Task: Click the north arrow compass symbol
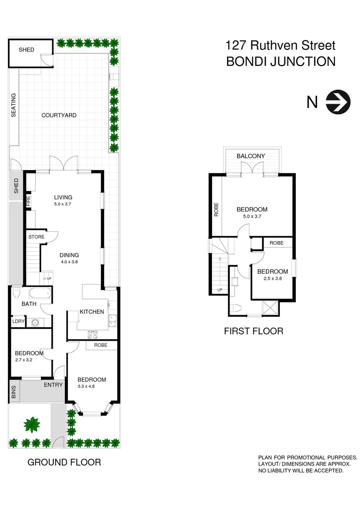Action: coord(339,101)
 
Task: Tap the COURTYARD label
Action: coord(59,115)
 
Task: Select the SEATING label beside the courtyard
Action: coord(14,105)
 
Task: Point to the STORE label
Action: coord(36,237)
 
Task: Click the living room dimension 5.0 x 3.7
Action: coord(63,205)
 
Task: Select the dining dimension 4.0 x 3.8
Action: coord(69,262)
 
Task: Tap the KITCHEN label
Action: coord(92,312)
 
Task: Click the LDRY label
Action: coord(17,322)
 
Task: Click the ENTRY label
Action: coord(53,386)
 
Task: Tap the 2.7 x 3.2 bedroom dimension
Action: coord(29,360)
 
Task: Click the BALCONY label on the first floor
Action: coord(251,156)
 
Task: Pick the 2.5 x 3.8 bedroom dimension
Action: coord(272,279)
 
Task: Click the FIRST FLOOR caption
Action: coord(254,331)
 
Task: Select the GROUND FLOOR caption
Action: coord(64,462)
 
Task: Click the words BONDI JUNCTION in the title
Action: coord(281,62)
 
